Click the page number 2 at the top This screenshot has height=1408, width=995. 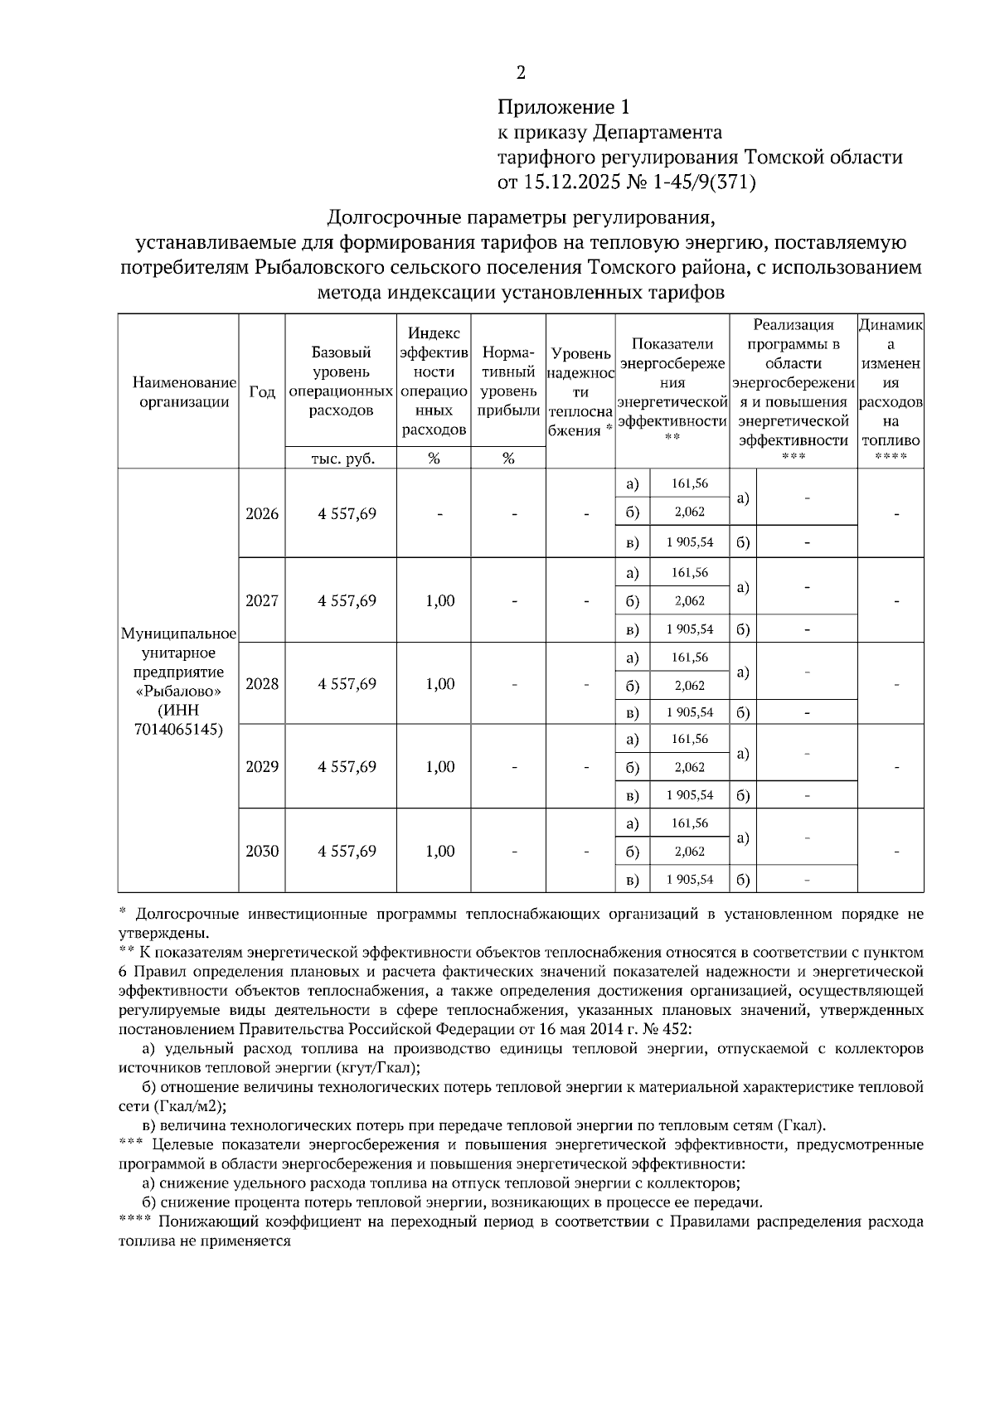521,73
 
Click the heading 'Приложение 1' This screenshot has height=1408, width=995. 564,107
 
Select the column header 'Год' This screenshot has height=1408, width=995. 262,391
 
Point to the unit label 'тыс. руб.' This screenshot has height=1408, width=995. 342,459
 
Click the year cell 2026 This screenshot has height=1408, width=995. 262,513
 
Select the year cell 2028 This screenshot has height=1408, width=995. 262,684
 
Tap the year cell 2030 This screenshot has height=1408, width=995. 262,851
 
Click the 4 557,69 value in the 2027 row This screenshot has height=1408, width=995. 347,601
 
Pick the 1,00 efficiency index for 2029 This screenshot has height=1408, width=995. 439,767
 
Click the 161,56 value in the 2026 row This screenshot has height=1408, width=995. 689,483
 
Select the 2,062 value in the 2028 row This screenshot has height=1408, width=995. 689,686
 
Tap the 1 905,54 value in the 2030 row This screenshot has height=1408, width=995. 689,879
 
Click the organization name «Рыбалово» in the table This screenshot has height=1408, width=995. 178,692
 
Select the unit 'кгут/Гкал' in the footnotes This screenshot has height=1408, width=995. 373,1068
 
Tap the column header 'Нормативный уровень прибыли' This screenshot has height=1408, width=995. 507,381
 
